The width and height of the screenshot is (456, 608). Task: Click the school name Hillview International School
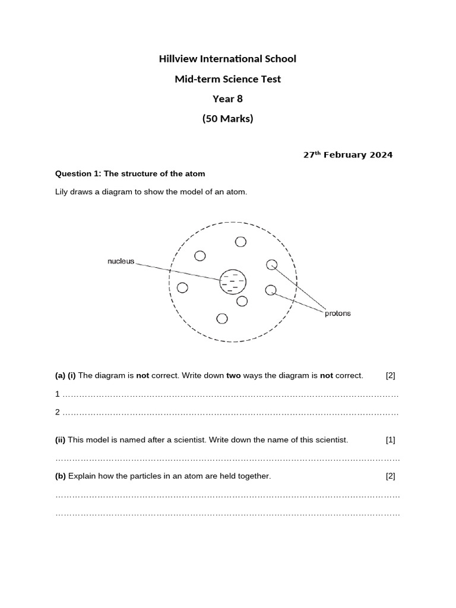tap(227, 59)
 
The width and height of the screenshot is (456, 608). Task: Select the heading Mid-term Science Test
tap(227, 79)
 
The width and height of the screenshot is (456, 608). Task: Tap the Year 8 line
tap(227, 99)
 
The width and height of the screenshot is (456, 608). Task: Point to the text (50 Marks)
tap(227, 118)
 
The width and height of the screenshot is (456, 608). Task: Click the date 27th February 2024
tap(347, 155)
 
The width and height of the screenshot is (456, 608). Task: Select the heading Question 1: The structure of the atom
tap(130, 174)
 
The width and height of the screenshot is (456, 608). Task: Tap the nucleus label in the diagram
tap(121, 261)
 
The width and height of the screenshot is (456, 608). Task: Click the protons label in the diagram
tap(337, 313)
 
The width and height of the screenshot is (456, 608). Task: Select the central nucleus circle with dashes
tap(233, 282)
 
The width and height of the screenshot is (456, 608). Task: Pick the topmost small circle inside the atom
tap(240, 242)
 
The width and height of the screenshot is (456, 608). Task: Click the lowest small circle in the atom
tap(222, 319)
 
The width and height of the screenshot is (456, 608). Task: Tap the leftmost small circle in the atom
tap(182, 288)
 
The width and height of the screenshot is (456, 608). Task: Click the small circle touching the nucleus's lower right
tap(242, 301)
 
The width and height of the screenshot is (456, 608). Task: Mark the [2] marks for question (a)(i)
tap(390, 375)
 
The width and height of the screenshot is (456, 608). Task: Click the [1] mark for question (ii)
tap(390, 440)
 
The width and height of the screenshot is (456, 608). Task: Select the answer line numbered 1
tap(230, 394)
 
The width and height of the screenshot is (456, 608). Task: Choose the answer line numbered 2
tap(230, 413)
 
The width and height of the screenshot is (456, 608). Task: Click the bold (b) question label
tap(61, 476)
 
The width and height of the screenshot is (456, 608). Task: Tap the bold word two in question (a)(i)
tap(234, 375)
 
